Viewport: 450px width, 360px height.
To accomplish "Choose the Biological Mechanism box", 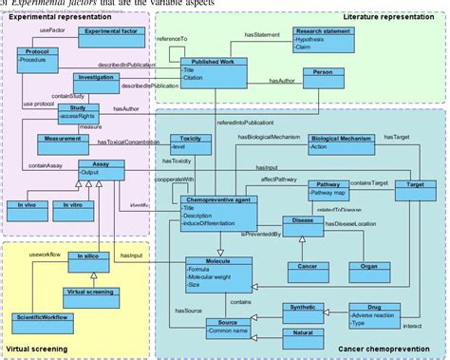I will (x=334, y=144).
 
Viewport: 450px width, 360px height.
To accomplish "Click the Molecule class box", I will (x=219, y=272).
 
